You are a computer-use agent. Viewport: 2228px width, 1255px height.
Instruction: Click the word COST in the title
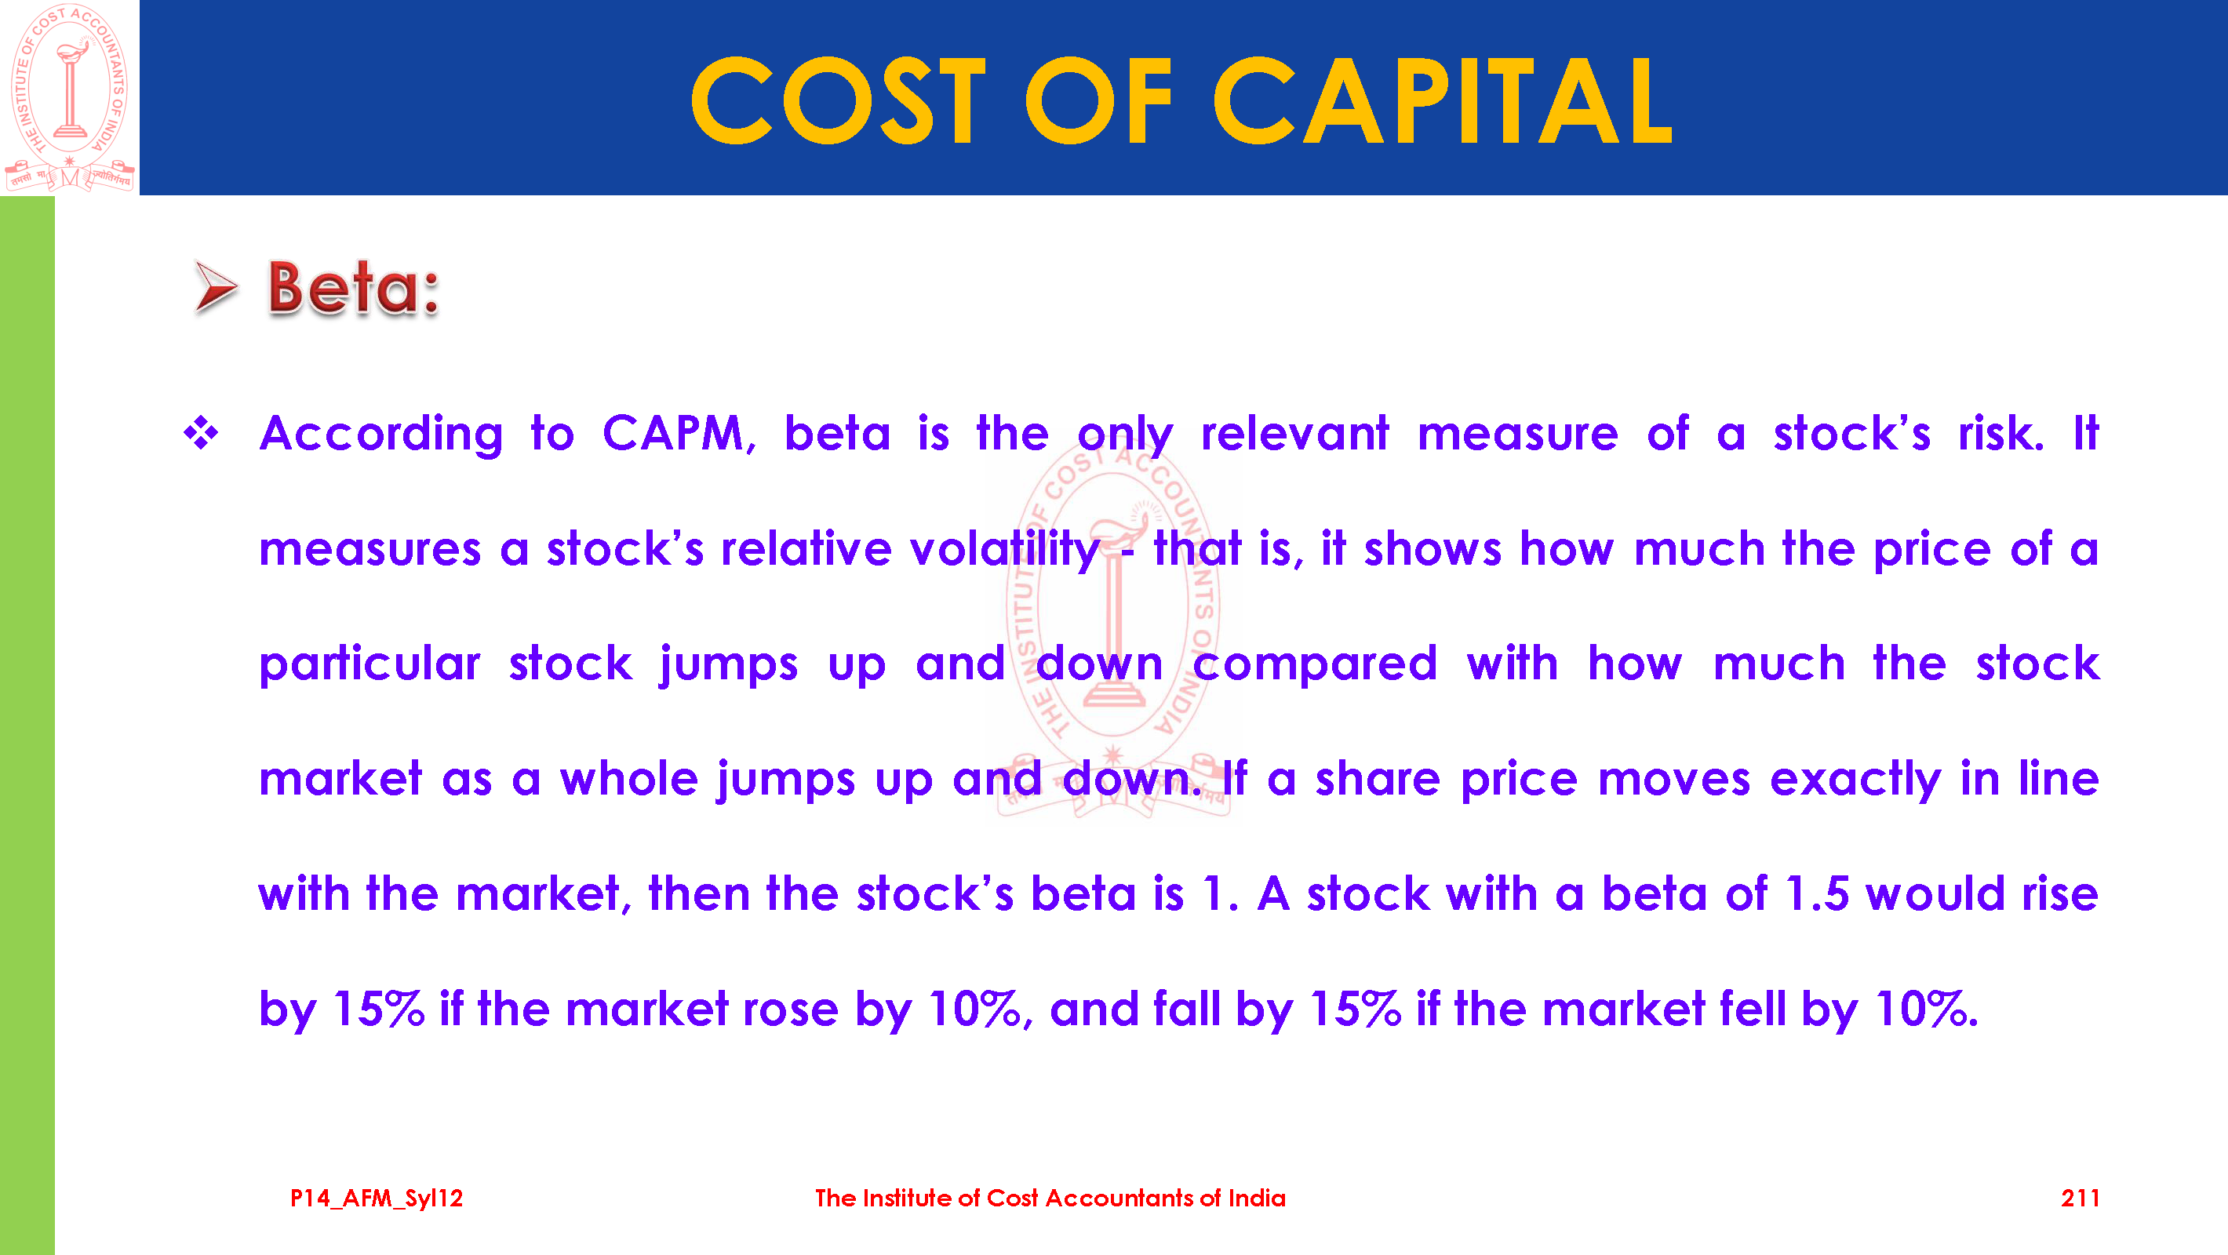[838, 100]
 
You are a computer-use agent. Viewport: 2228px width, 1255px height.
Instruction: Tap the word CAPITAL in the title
[1443, 100]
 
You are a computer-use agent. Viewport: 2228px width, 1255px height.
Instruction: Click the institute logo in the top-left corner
[69, 97]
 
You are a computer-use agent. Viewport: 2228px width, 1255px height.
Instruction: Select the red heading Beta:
[354, 287]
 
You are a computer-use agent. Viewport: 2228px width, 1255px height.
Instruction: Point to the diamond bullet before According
[201, 432]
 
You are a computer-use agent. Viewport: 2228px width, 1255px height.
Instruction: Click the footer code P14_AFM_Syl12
[377, 1199]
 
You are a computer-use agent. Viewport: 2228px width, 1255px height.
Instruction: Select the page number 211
[2079, 1199]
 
